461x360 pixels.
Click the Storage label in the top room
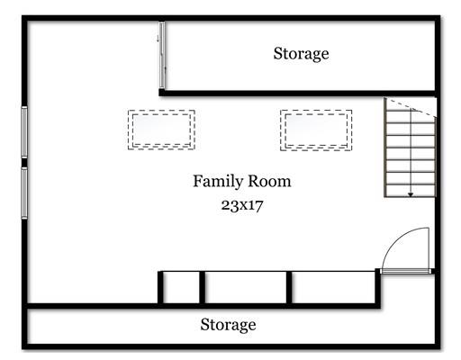point(301,54)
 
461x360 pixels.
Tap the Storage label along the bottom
point(228,325)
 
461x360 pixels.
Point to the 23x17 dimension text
point(242,205)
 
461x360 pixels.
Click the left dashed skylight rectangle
point(161,111)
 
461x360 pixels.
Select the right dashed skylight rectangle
point(316,111)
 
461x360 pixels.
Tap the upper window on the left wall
point(24,132)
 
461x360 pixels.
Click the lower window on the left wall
point(24,193)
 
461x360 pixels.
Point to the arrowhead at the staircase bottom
point(411,194)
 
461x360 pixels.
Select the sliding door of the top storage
point(162,55)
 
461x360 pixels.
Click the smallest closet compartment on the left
point(181,287)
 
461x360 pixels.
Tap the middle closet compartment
point(246,287)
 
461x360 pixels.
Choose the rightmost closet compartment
point(333,287)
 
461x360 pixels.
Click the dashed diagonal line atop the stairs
point(411,107)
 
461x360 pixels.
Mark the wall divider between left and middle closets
point(203,287)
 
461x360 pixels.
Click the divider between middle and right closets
point(289,287)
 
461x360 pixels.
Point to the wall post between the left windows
point(24,163)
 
